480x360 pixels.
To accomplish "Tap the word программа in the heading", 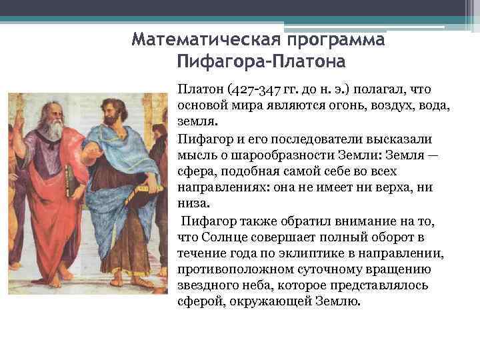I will pos(337,39).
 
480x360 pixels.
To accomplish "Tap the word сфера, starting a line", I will pos(196,172).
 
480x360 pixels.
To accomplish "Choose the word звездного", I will pos(206,285).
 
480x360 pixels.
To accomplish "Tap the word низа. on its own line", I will pos(192,204).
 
